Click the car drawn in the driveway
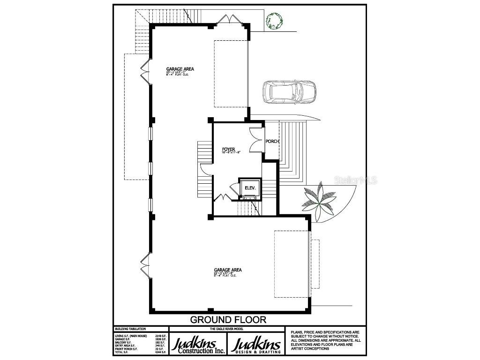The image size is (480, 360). [x=289, y=92]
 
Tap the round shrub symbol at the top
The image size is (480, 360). [x=274, y=21]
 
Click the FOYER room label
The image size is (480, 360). [x=228, y=150]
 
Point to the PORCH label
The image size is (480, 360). [x=272, y=141]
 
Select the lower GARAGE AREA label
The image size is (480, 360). [x=228, y=270]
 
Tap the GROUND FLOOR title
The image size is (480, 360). [x=228, y=320]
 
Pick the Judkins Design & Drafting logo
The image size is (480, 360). [x=257, y=345]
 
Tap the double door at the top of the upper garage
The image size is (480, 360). [x=230, y=20]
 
